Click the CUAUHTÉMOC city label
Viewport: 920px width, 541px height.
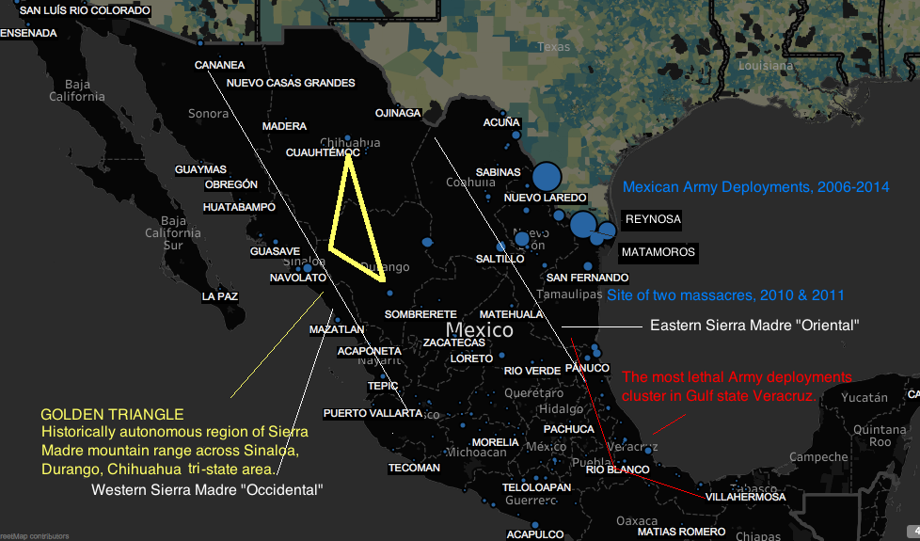(323, 151)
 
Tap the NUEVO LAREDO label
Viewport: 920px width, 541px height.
(546, 198)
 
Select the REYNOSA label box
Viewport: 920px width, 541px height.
(653, 219)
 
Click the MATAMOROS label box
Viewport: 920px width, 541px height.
(658, 252)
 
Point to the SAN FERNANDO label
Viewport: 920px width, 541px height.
(587, 278)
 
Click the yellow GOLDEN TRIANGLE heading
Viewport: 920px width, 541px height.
(112, 414)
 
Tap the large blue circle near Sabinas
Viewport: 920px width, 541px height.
(547, 176)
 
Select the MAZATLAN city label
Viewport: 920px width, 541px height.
(337, 330)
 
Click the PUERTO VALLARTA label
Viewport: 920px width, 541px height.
(372, 413)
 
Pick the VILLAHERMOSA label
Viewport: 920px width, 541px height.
(745, 497)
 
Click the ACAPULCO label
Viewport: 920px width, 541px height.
(535, 534)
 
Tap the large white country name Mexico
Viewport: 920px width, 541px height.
(480, 330)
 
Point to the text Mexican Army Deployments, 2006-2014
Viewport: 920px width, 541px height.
(756, 187)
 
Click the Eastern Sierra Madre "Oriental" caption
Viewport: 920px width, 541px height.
(755, 326)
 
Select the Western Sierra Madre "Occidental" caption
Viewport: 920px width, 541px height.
(207, 489)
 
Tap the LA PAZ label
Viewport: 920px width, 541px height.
(220, 296)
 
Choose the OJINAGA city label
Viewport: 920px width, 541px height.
(398, 113)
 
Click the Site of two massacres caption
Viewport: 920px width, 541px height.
(725, 295)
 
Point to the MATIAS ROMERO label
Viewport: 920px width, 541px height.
(682, 532)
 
